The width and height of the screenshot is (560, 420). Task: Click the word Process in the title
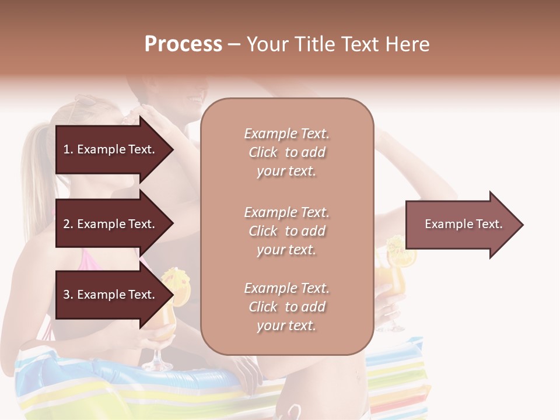[183, 44]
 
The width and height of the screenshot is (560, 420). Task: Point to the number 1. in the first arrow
[68, 150]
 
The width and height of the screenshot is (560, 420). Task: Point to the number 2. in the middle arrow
[68, 225]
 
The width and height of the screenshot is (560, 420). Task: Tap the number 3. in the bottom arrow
[68, 295]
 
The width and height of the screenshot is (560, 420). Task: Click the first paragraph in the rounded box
[286, 152]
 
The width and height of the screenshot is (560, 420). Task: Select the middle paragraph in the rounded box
[286, 231]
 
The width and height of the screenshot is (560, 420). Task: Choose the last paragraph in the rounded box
[286, 307]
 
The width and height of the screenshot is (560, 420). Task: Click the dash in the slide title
[235, 45]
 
